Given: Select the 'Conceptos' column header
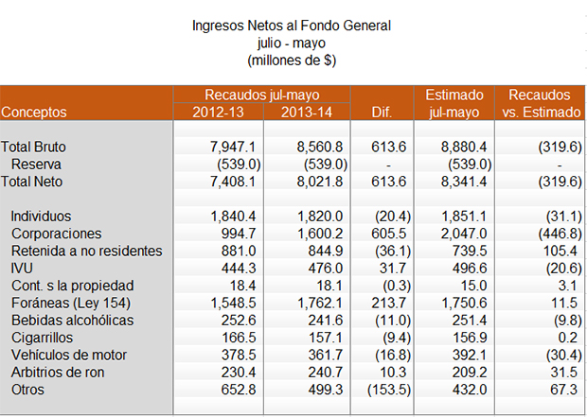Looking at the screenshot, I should click(35, 112).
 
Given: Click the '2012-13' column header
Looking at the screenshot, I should click(216, 112).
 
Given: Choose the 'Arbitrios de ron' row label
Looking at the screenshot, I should click(59, 372).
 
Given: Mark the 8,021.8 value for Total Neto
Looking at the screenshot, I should click(314, 182).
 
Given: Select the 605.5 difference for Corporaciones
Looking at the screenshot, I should click(389, 234).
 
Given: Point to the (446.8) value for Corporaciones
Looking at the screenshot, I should click(556, 234).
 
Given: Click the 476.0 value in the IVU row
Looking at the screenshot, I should click(321, 269).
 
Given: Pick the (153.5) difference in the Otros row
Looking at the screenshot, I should click(386, 389).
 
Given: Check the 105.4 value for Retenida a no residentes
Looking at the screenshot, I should click(560, 251).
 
